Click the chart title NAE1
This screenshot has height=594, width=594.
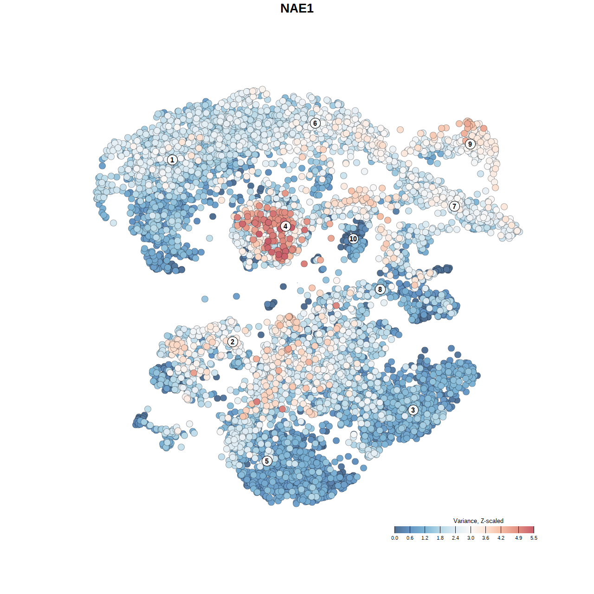pos(297,8)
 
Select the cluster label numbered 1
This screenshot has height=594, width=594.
pos(172,160)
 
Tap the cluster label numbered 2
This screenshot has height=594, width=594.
pos(232,342)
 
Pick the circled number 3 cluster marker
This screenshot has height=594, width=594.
pos(413,410)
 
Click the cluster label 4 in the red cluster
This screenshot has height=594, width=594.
pos(285,226)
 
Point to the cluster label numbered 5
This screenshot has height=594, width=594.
pos(267,461)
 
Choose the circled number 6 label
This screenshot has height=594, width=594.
pos(315,123)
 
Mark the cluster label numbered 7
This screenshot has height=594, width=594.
pos(454,207)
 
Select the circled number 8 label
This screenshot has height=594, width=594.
pos(380,290)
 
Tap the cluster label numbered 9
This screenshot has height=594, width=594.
pos(470,144)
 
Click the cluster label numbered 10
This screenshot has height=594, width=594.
pos(353,239)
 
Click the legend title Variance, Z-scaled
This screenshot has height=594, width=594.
pos(478,521)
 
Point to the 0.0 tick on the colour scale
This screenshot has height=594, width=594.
pos(394,538)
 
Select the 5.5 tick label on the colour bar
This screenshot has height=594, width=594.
pos(534,538)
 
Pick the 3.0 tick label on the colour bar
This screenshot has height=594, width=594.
pos(471,538)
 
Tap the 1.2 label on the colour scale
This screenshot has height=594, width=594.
pos(425,538)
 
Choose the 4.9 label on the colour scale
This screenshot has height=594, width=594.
pos(518,538)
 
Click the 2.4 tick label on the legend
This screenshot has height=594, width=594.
pos(455,538)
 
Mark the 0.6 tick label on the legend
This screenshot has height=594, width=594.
pos(410,538)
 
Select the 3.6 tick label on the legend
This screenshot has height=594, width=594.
pos(485,538)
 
